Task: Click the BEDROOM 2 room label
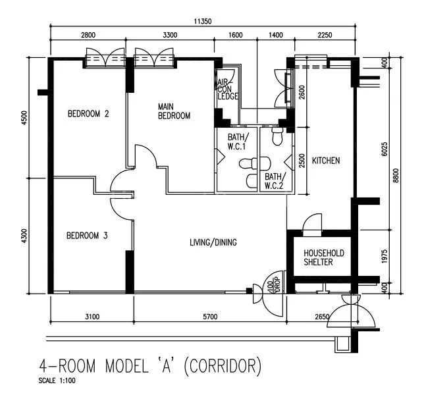88,113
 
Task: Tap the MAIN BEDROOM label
174,111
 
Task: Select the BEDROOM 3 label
87,235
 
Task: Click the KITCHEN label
326,161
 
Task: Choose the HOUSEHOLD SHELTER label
323,257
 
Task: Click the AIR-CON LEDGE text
227,89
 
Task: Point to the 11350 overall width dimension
202,21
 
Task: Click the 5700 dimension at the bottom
209,317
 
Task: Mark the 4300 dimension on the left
24,236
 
